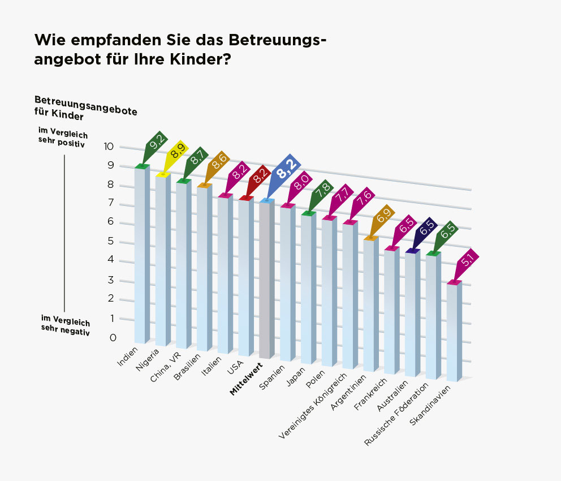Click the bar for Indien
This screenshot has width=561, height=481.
tap(141, 255)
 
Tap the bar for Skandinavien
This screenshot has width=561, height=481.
tap(454, 331)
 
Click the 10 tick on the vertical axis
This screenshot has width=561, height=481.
tap(109, 147)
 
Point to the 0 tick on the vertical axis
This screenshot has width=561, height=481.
tap(113, 338)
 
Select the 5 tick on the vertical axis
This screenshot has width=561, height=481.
tap(110, 242)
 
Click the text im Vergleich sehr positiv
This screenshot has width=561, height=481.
tap(62, 137)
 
